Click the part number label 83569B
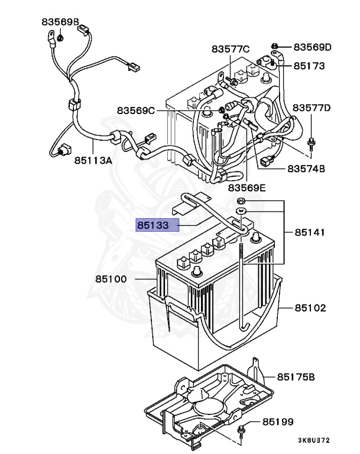pyautogui.click(x=60, y=22)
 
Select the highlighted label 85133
pyautogui.click(x=157, y=225)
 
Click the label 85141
pyautogui.click(x=310, y=233)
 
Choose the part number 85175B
pyautogui.click(x=296, y=377)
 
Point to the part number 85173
pyautogui.click(x=310, y=66)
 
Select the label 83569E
pyautogui.click(x=248, y=188)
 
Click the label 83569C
pyautogui.click(x=135, y=110)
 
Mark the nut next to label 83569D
pyautogui.click(x=275, y=46)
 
